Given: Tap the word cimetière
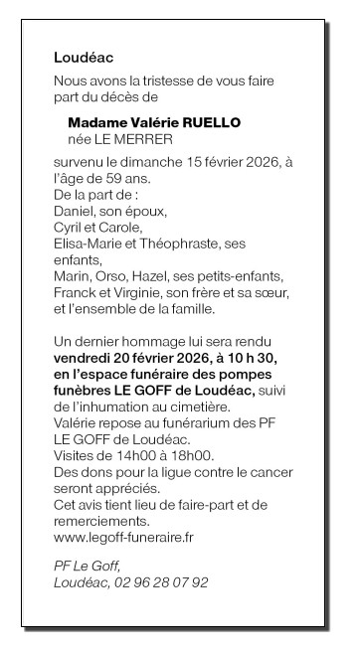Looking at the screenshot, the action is (x=200, y=406).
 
